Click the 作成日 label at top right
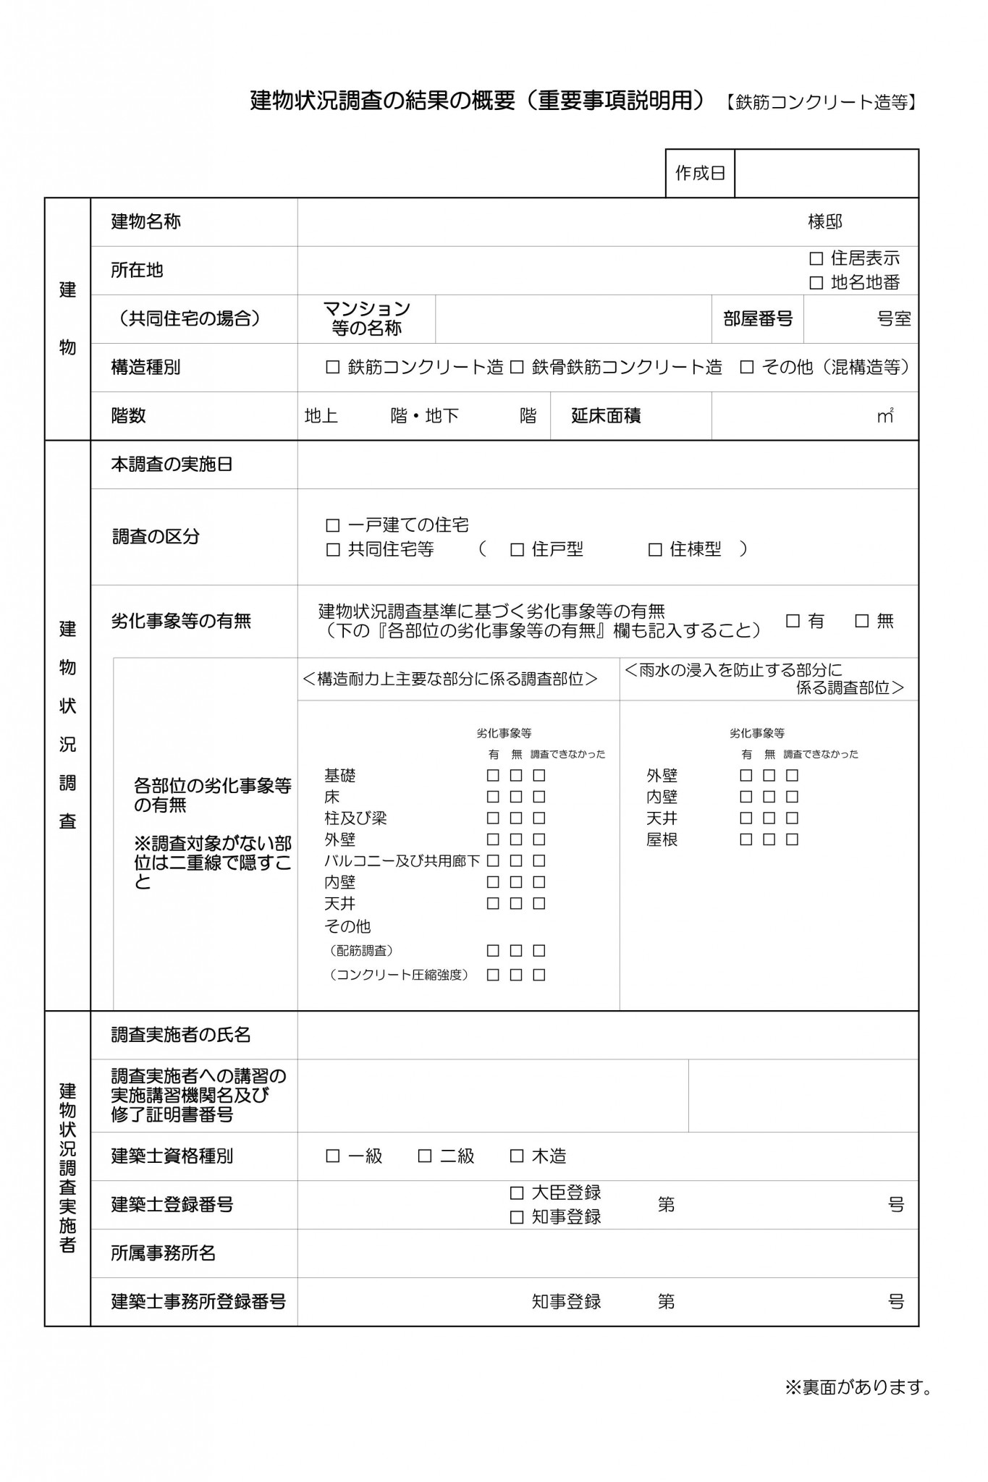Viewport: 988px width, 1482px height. (x=699, y=173)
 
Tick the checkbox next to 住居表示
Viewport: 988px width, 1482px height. (x=816, y=258)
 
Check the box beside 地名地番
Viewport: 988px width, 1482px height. (x=816, y=283)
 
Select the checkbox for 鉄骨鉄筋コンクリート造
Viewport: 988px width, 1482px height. (x=517, y=368)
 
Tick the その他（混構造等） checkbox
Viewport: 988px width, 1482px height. (x=747, y=368)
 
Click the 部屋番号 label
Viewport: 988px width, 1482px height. (x=757, y=319)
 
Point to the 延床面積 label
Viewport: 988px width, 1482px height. (x=606, y=416)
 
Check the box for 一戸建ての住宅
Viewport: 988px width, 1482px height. (x=333, y=525)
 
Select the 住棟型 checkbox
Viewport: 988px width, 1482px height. (x=655, y=550)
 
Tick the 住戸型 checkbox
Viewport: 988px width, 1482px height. (x=517, y=550)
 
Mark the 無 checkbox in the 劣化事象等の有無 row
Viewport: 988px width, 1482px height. (x=862, y=621)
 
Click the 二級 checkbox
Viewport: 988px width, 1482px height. (x=425, y=1156)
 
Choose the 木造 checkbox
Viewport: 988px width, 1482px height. (x=517, y=1156)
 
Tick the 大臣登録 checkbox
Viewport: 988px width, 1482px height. (x=517, y=1193)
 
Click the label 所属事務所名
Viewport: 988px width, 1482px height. (x=163, y=1253)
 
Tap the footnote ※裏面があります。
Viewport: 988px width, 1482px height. (x=858, y=1387)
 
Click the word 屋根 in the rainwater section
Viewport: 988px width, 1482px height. (x=662, y=840)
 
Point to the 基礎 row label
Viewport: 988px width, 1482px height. (x=339, y=776)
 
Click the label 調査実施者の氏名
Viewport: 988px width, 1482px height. (x=180, y=1035)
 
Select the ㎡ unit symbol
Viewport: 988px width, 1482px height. (x=885, y=416)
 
